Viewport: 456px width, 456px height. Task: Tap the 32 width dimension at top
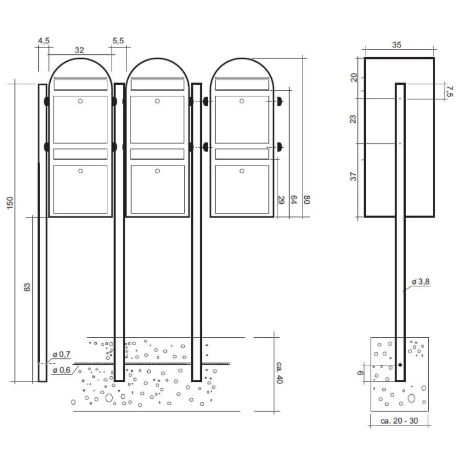coord(80,50)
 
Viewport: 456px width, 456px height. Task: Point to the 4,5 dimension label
coord(44,41)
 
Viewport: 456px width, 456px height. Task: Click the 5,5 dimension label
coord(118,41)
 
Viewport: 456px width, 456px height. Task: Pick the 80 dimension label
coord(307,200)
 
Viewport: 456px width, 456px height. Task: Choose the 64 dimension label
coord(294,200)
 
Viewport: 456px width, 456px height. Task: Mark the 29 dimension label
coord(281,200)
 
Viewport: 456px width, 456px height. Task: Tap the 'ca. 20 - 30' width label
coord(399,421)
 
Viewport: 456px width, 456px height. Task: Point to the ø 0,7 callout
coord(61,353)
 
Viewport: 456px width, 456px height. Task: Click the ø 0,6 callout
coord(61,370)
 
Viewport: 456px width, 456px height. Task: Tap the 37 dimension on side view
coord(354,176)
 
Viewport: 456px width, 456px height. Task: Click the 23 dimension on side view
coord(354,119)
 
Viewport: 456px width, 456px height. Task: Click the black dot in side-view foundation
coord(399,365)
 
